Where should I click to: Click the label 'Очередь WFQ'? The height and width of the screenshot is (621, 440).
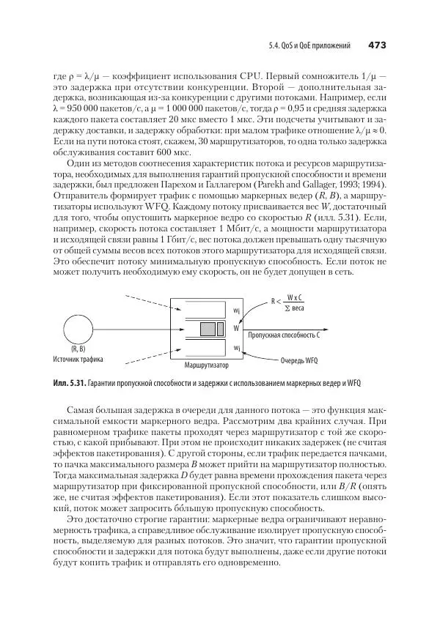click(299, 360)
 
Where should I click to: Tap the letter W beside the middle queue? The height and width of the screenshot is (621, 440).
click(236, 328)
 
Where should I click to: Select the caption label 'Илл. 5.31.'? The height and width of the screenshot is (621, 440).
click(70, 383)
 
